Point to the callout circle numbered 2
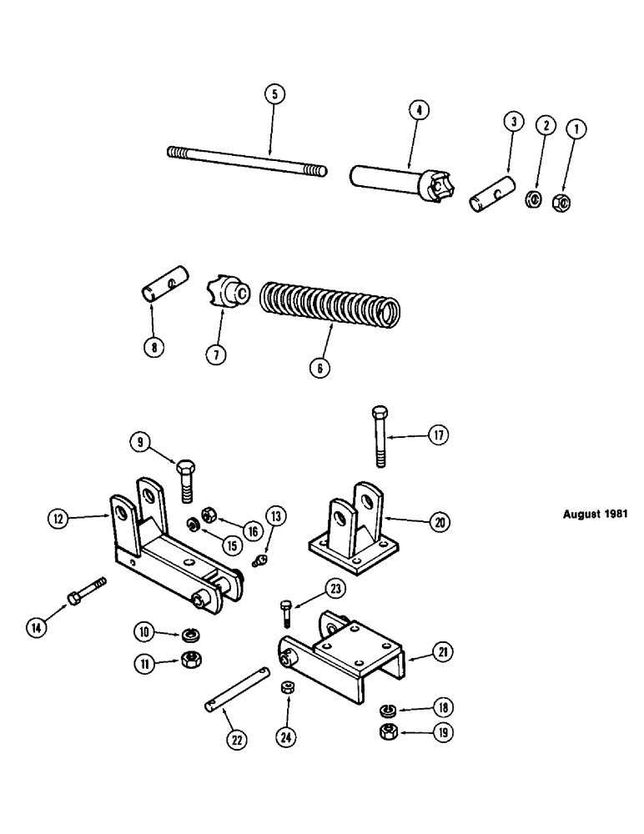(546, 127)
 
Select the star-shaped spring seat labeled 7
(227, 294)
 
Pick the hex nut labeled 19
(389, 734)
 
